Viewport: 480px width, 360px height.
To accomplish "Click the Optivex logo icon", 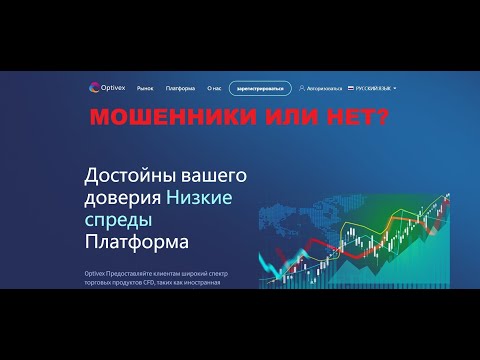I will pos(95,87).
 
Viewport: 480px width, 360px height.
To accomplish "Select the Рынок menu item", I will pos(145,88).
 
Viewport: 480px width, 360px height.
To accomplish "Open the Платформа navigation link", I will pos(178,88).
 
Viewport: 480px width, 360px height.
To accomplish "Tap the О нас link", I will pos(213,88).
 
